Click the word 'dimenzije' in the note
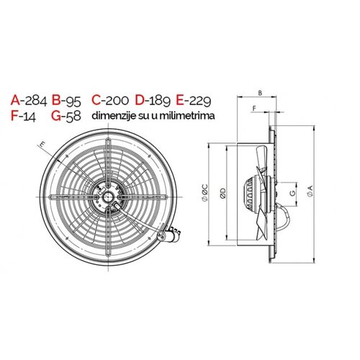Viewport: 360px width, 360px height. [x=112, y=114]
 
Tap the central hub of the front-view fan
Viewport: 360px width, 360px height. [x=109, y=194]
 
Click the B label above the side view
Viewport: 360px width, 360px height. [x=260, y=93]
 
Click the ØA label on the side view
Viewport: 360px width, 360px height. [x=310, y=189]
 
